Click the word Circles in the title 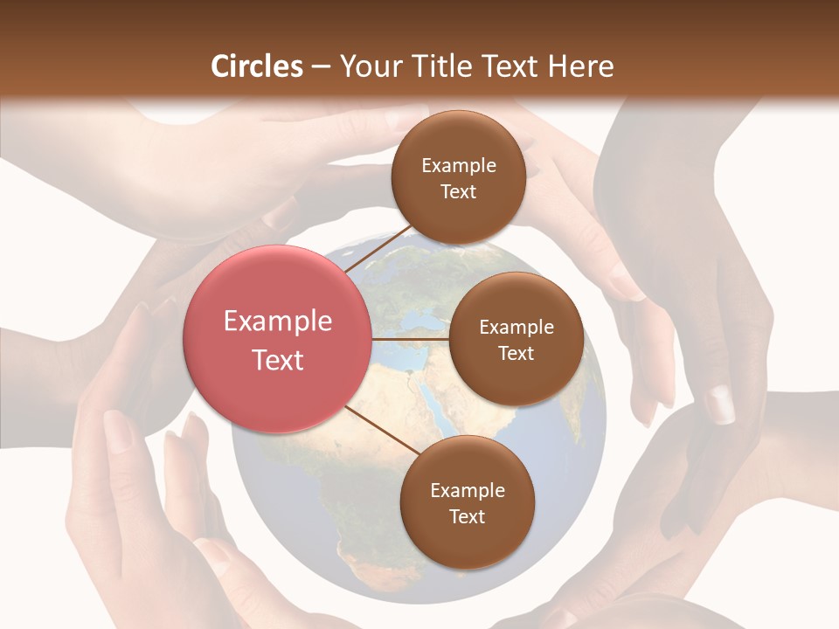[256, 66]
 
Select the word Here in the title [580, 66]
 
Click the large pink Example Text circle [278, 339]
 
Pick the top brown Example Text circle [458, 178]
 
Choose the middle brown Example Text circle [516, 339]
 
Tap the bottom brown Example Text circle [467, 503]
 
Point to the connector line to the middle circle [411, 339]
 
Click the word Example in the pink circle [278, 321]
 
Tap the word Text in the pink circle [278, 360]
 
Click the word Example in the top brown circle [459, 166]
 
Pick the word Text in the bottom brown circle [467, 516]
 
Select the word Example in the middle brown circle [516, 328]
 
